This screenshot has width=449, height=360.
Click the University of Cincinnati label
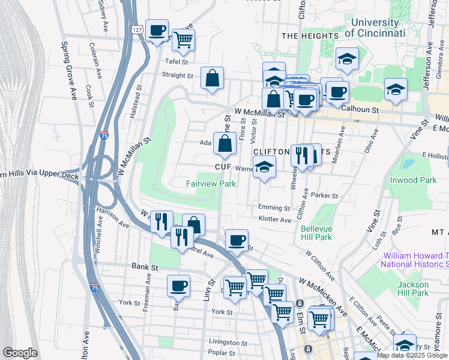click(375, 28)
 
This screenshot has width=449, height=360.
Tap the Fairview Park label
click(211, 184)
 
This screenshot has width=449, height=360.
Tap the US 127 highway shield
click(137, 29)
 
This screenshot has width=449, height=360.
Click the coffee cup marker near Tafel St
click(157, 30)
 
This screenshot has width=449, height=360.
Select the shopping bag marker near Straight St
click(212, 78)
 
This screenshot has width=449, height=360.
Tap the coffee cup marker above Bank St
click(179, 287)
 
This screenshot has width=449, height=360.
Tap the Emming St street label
click(274, 208)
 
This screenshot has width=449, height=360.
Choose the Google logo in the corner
click(20, 352)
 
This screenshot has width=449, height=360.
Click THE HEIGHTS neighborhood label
click(310, 36)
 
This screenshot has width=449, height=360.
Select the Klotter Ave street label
click(274, 220)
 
